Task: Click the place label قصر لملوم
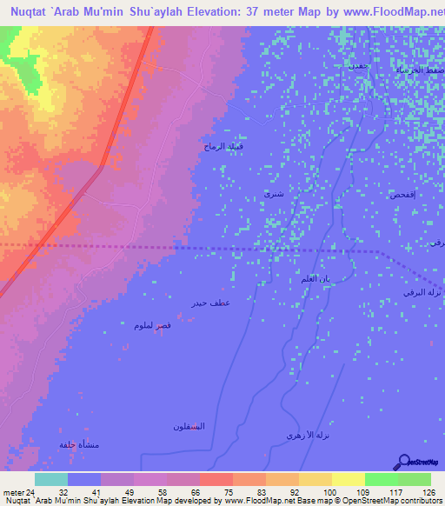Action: coord(145,325)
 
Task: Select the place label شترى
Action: coord(274,195)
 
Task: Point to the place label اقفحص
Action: coord(407,195)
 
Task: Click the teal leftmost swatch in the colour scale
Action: coord(50,479)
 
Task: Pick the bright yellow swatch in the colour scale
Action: coord(348,479)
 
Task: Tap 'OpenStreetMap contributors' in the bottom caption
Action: coord(395,502)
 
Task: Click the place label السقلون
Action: coord(188,425)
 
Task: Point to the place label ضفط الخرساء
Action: coord(417,68)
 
